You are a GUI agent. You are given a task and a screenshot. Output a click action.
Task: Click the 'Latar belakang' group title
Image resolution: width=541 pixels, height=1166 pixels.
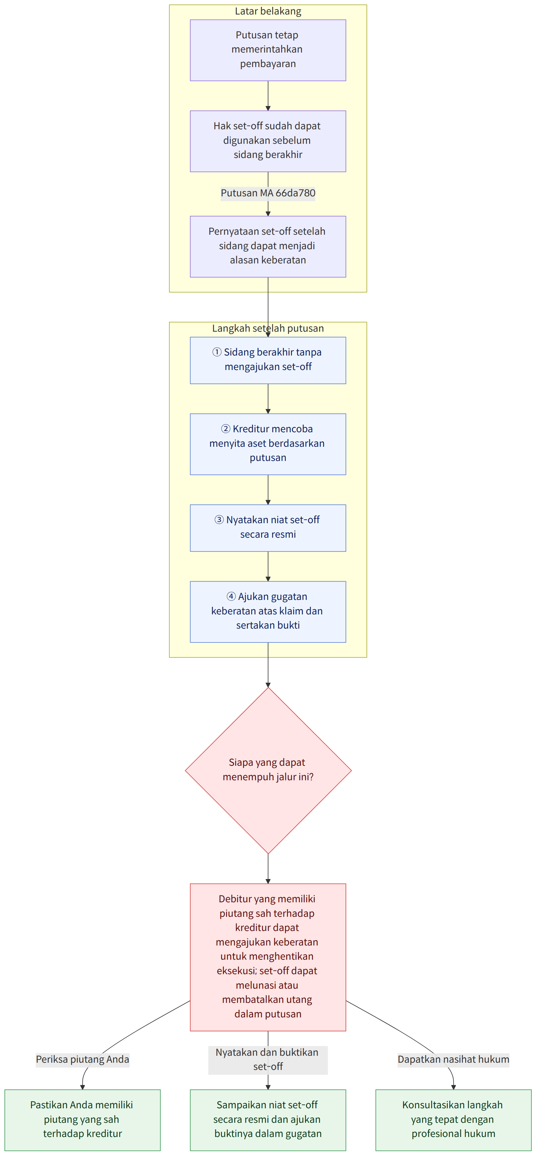tap(268, 11)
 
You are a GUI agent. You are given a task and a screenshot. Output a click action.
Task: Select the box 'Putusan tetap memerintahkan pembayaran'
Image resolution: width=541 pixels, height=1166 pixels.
tap(268, 50)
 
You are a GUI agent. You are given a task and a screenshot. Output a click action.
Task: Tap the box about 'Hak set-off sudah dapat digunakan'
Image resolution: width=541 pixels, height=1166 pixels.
tap(268, 141)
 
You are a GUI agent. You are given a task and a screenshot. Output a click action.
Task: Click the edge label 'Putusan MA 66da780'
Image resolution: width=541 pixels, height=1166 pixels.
tap(268, 193)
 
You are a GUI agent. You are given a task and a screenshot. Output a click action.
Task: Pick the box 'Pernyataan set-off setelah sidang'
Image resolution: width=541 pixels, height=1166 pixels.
tap(268, 247)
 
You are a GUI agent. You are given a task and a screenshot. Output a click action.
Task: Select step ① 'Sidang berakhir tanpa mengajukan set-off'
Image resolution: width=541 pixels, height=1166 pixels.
tap(268, 360)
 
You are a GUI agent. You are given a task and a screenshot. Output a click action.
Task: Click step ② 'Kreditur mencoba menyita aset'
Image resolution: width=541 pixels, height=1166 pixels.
tap(268, 444)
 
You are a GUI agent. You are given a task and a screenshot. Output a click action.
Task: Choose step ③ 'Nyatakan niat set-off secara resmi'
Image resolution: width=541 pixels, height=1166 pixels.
tap(268, 528)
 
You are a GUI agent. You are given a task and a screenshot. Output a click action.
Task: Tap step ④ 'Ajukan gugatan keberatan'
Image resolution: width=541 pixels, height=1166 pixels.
tap(268, 611)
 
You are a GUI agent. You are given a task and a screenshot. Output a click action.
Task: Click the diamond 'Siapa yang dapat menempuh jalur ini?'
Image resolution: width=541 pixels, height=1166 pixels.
tap(268, 770)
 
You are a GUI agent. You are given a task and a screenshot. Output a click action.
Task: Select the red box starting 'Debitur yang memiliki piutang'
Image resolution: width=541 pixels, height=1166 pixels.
tap(268, 957)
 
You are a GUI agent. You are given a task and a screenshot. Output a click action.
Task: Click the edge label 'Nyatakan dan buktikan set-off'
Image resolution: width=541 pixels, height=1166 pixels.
tap(268, 1060)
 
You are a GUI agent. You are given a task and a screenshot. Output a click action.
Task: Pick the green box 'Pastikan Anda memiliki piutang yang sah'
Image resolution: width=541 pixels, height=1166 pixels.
tap(83, 1120)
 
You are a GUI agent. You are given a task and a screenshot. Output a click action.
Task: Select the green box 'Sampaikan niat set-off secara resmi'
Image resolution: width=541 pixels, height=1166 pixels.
tap(268, 1120)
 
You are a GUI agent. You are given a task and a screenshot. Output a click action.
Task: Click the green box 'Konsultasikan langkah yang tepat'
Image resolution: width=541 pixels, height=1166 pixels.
tap(453, 1120)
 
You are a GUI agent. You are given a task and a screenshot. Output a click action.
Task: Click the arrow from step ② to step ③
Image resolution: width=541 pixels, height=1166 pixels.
tap(268, 490)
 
